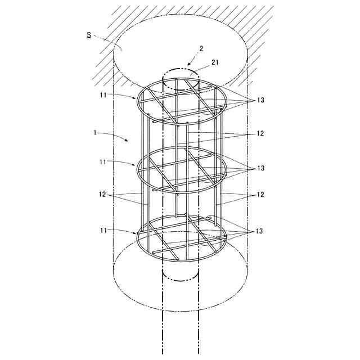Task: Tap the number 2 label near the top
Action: (x=201, y=49)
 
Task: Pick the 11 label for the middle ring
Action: (x=103, y=162)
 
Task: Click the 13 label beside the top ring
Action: (x=260, y=100)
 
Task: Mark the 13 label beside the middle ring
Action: (x=260, y=168)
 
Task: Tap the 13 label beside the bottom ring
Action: (x=260, y=231)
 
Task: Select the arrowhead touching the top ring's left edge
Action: (x=136, y=98)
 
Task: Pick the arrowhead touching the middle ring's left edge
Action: (x=137, y=165)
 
